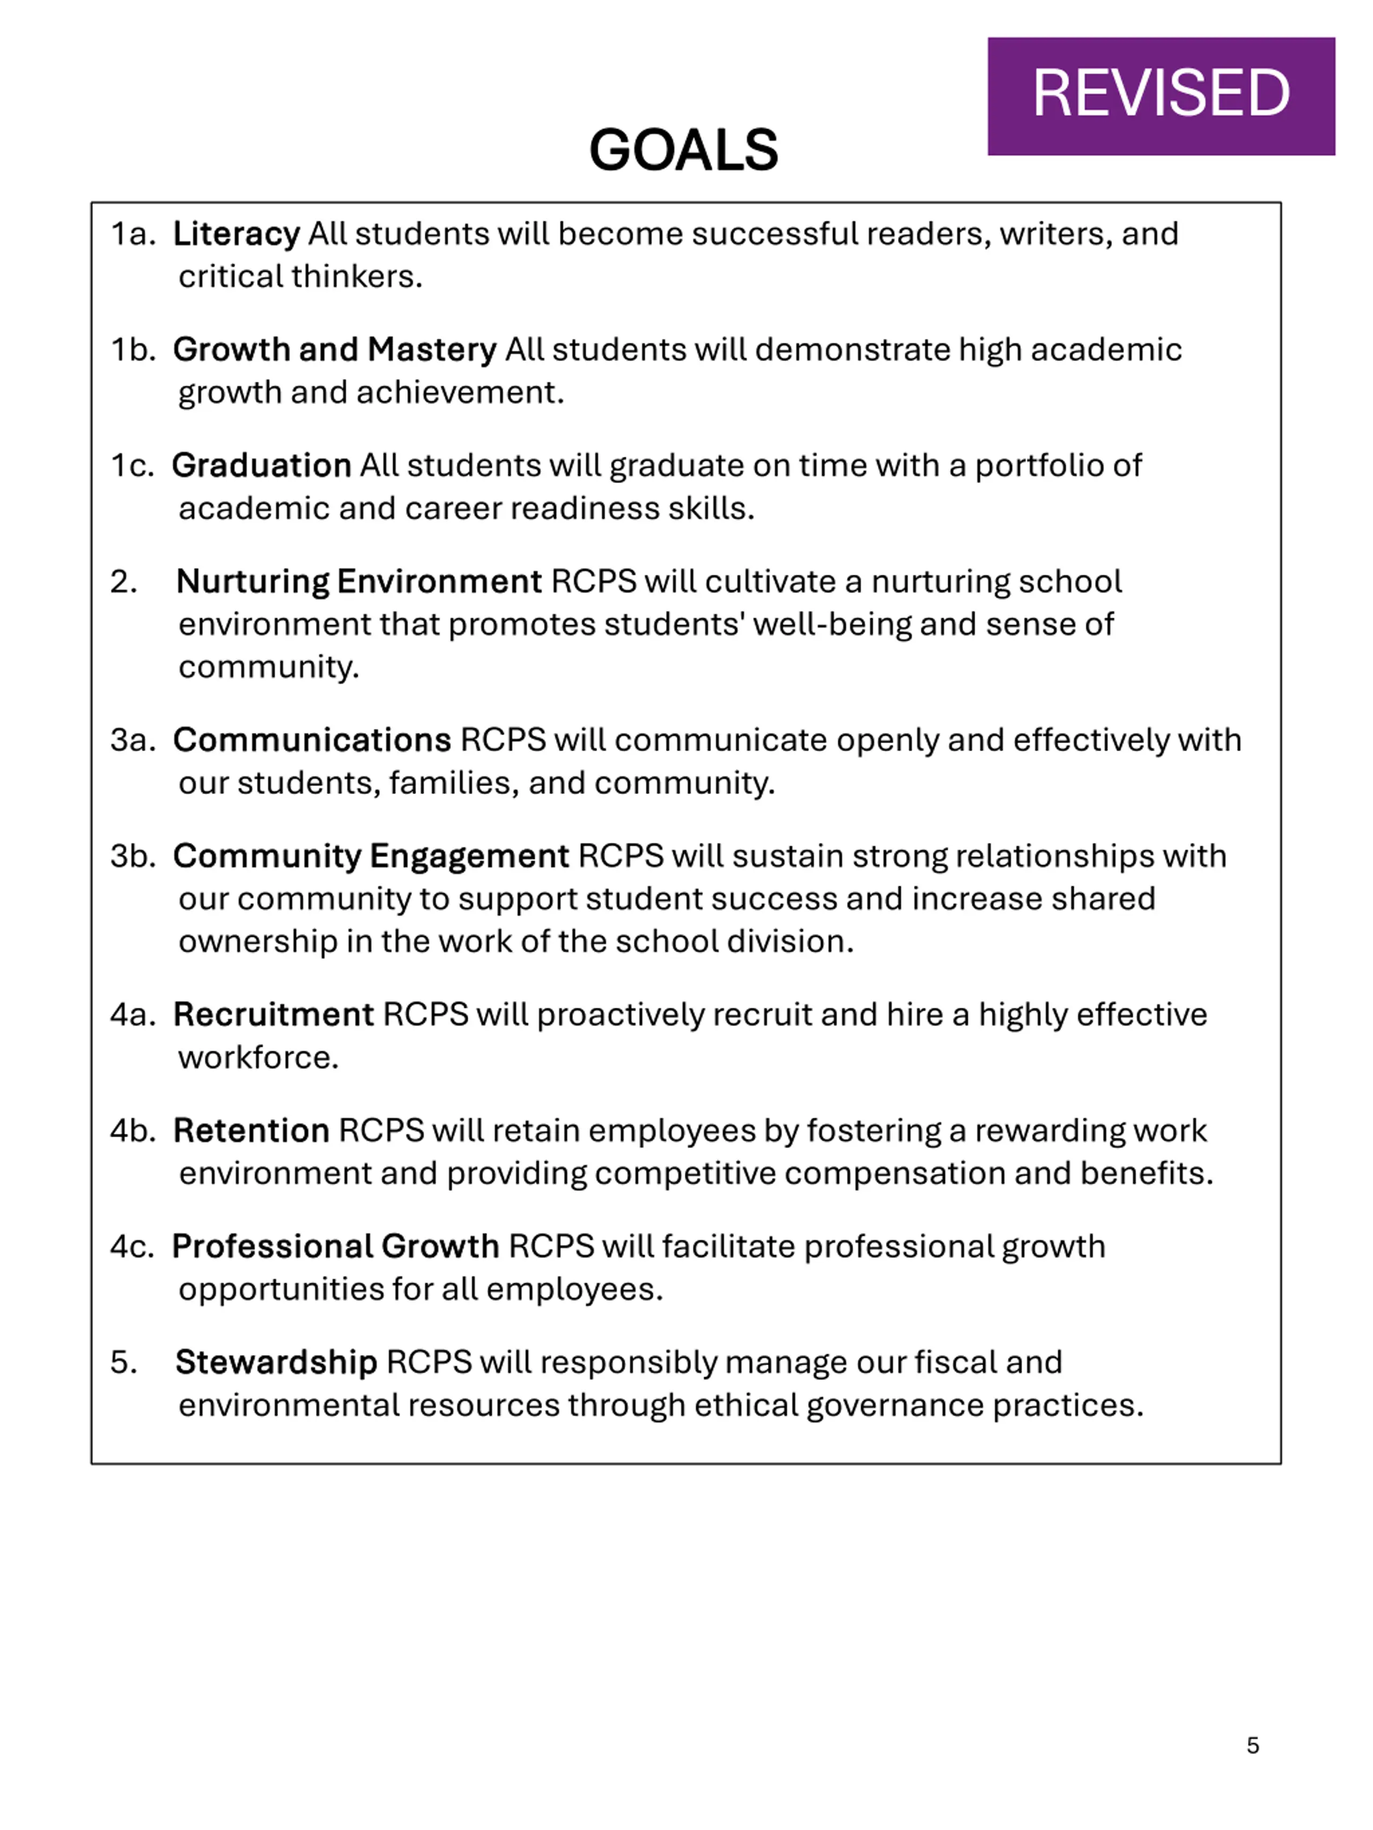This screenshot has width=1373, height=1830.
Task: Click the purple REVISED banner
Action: (x=1160, y=96)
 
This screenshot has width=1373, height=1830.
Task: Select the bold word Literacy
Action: (x=236, y=234)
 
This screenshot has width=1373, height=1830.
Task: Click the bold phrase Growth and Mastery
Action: (x=334, y=350)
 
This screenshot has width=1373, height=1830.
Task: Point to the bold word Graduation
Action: (x=262, y=466)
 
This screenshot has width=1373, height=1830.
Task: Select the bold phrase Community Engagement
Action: (x=371, y=856)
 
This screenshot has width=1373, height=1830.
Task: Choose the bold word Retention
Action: (x=252, y=1131)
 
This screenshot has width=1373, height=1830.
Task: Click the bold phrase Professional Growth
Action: (x=335, y=1247)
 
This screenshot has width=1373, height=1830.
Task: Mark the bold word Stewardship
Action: (x=276, y=1362)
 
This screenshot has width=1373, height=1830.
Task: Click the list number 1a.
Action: (x=132, y=234)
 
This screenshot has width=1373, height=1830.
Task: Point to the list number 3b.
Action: (x=132, y=856)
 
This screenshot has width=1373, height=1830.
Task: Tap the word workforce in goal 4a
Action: (x=258, y=1058)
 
